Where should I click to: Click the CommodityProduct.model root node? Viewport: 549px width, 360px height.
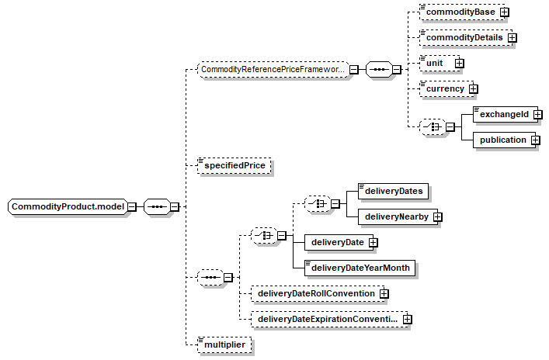[x=68, y=206]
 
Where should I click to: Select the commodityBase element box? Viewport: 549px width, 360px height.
[x=462, y=12]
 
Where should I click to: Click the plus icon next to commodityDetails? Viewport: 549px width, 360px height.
[x=513, y=37]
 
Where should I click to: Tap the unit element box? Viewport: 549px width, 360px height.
[x=440, y=63]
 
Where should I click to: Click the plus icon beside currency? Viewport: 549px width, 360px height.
[x=473, y=89]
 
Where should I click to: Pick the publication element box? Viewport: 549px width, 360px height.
[x=504, y=140]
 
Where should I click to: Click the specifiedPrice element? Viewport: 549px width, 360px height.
[x=235, y=165]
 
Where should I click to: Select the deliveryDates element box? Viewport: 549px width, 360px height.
[x=393, y=191]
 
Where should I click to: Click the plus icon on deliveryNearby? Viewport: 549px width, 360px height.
[x=437, y=217]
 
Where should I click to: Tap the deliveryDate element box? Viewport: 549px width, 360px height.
[x=339, y=242]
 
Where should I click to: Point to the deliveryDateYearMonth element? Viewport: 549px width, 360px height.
[x=360, y=268]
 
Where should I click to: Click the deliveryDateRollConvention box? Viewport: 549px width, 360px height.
[x=318, y=293]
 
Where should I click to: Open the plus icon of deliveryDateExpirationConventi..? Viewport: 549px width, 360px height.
[x=407, y=319]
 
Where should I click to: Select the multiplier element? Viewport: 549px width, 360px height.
[x=224, y=344]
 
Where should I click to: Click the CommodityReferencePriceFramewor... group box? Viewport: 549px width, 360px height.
[x=273, y=69]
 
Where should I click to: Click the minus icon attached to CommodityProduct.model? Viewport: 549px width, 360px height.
[x=132, y=206]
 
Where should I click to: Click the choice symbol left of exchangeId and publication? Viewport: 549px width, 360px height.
[x=433, y=127]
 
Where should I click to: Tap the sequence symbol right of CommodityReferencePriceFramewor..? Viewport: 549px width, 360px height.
[x=379, y=69]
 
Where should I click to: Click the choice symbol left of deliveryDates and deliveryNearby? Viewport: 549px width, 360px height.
[x=318, y=203]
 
